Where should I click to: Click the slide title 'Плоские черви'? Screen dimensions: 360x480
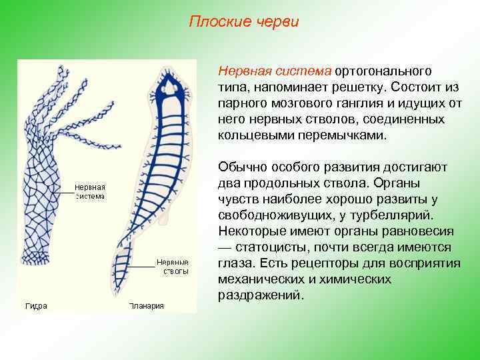pyautogui.click(x=244, y=22)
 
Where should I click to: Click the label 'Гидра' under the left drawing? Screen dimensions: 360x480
pyautogui.click(x=36, y=306)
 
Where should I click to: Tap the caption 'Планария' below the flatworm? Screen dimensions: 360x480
pyautogui.click(x=147, y=306)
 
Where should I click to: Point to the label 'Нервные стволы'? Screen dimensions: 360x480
pyautogui.click(x=172, y=267)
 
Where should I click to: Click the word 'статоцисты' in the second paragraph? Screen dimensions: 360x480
pyautogui.click(x=267, y=247)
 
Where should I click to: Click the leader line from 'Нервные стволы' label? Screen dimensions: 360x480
pyautogui.click(x=140, y=266)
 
